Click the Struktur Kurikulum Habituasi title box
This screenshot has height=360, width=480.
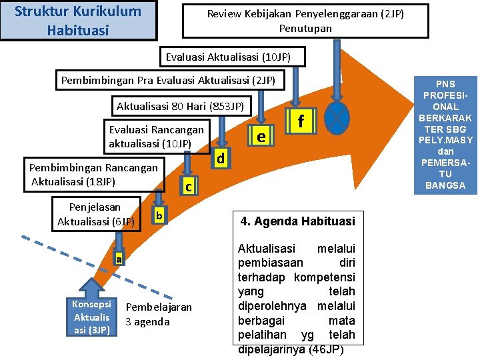click(x=78, y=21)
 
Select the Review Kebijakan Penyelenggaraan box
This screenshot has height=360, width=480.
click(x=305, y=21)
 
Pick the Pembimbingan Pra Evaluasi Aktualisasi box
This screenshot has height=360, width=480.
click(x=168, y=81)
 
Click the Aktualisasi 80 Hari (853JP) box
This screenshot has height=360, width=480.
click(x=181, y=106)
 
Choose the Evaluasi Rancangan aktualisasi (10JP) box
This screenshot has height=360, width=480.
click(x=157, y=136)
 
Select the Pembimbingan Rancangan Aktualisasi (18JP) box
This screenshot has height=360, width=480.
click(x=94, y=175)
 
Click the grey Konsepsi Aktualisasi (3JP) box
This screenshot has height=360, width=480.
click(x=91, y=317)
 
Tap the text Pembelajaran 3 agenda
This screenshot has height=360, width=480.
click(x=158, y=314)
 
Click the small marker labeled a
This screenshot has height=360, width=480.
click(x=117, y=259)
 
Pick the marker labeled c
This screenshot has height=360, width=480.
click(x=189, y=187)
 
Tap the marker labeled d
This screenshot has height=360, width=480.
click(x=221, y=159)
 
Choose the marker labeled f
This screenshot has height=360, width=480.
click(x=301, y=121)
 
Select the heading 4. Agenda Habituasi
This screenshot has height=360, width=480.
click(x=297, y=221)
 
